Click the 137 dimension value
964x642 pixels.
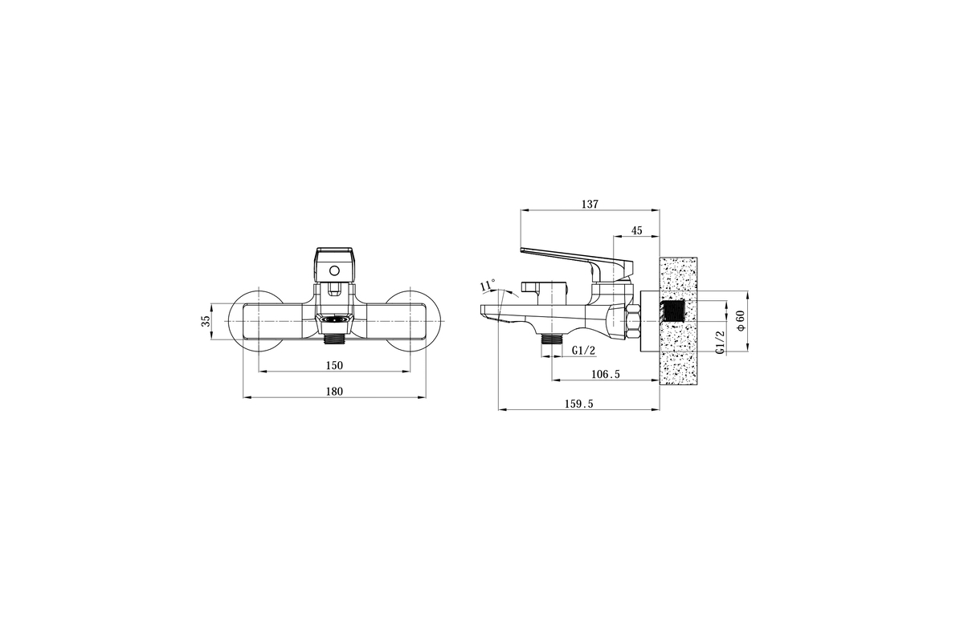(590, 205)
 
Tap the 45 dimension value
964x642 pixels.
(636, 230)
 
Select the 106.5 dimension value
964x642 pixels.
(606, 375)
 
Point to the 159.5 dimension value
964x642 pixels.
(579, 404)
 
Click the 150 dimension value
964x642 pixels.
(334, 365)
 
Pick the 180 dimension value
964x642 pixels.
(334, 392)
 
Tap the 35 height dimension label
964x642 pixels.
(206, 321)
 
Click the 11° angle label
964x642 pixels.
(488, 285)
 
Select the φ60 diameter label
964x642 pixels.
(741, 321)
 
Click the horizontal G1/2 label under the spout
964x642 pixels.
(583, 351)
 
